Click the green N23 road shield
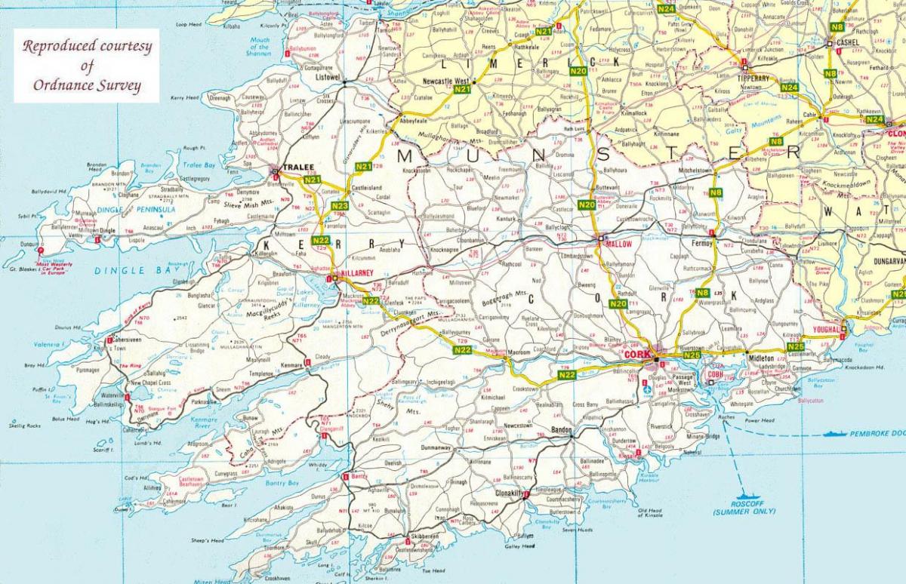[x=340, y=205]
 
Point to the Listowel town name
[x=328, y=78]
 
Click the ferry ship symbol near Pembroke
[x=836, y=434]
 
